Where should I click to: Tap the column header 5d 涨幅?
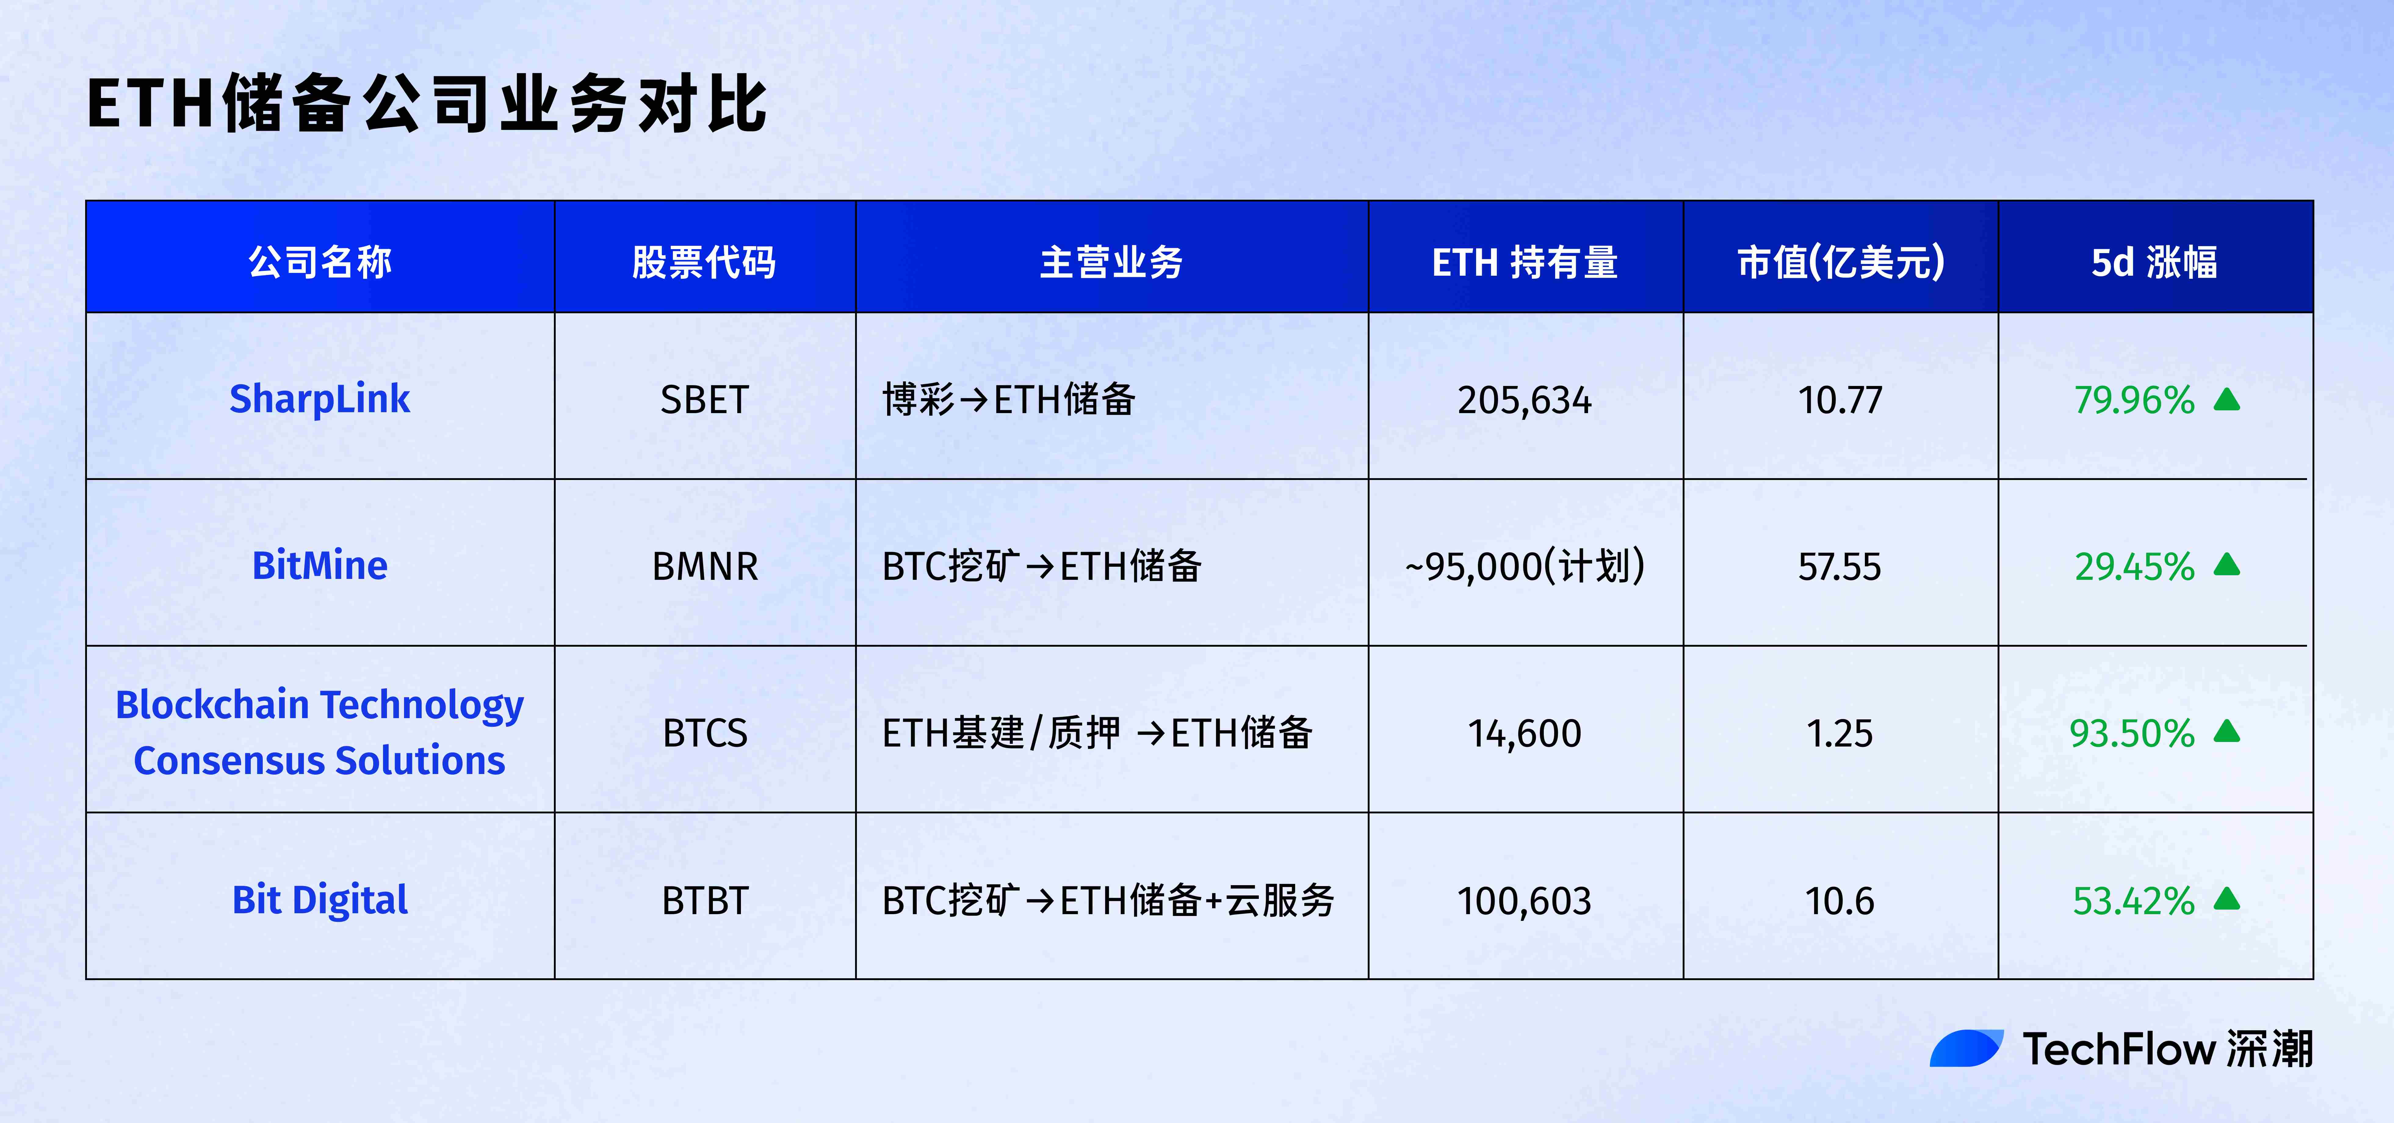pos(2154,262)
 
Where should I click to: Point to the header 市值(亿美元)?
pos(1840,262)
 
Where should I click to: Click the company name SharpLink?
pos(320,399)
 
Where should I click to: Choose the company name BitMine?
pos(320,565)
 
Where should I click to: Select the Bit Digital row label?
pos(320,900)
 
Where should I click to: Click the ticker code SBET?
pos(704,400)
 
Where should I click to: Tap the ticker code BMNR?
pos(704,566)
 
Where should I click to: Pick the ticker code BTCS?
pos(704,733)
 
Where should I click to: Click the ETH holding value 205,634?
pos(1524,400)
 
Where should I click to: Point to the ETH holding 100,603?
pos(1524,901)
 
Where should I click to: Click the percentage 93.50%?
pos(2132,733)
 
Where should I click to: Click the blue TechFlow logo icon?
pos(1966,1048)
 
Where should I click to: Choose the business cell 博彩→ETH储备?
pos(1008,400)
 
